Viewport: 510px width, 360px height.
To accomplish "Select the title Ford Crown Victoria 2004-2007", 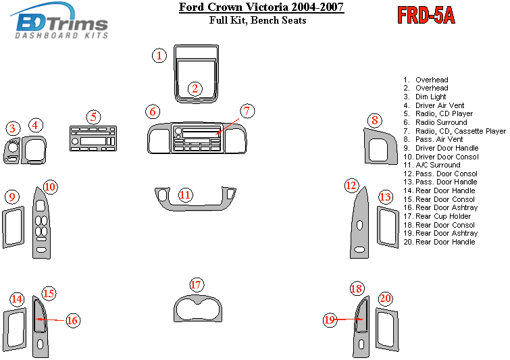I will (x=261, y=8).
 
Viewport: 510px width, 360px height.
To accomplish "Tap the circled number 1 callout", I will (x=159, y=55).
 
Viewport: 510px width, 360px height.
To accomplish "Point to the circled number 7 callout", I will (x=247, y=111).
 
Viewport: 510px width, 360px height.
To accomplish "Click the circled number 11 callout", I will (x=185, y=195).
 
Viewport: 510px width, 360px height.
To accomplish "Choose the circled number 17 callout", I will (x=196, y=285).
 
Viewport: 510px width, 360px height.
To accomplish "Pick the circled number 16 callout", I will (x=72, y=320).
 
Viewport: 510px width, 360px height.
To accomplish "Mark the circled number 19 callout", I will (x=330, y=320).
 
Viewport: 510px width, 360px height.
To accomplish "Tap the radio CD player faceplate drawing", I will (x=93, y=140).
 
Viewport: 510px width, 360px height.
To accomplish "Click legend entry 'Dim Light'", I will (x=430, y=97).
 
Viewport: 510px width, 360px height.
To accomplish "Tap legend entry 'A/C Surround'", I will (x=437, y=165).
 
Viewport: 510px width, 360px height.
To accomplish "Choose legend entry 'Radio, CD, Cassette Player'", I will (x=460, y=131).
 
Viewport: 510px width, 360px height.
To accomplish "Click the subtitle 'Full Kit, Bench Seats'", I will (x=258, y=20).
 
